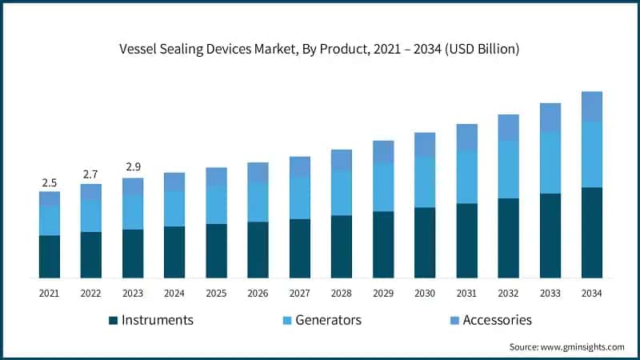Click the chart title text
click(319, 50)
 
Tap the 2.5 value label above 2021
click(50, 183)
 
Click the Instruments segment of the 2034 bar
click(591, 233)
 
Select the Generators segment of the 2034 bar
click(591, 154)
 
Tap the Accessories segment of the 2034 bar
click(591, 106)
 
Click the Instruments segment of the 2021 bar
click(50, 257)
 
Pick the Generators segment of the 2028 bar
click(342, 193)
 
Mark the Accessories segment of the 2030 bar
click(425, 145)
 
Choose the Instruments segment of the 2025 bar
click(216, 250)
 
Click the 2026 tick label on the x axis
click(258, 294)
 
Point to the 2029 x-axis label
click(383, 294)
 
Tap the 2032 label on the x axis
click(508, 294)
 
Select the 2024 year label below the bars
click(174, 294)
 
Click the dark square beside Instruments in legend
click(114, 321)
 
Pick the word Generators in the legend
click(328, 320)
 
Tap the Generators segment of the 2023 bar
click(133, 212)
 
